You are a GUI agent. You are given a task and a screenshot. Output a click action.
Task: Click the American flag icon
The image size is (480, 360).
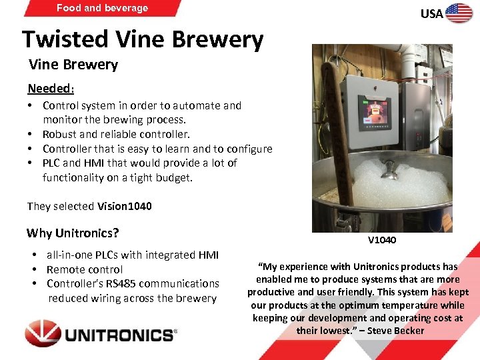point(459,13)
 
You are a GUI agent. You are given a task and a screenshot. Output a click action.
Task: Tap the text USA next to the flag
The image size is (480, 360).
point(431,14)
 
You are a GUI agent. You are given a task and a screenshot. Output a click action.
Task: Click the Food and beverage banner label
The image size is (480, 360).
point(102,8)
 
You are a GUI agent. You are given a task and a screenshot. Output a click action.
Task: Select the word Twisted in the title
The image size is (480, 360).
point(59,40)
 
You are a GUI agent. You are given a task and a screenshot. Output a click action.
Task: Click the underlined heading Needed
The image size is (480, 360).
point(49,89)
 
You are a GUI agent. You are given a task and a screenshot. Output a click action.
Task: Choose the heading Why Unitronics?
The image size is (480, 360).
point(73,233)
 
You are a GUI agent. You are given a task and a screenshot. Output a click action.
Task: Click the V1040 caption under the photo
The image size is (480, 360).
point(381,240)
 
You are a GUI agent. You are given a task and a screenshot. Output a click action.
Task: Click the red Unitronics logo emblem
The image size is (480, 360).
point(43,333)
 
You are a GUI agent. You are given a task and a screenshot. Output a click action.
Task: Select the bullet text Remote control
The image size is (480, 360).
point(85,269)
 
